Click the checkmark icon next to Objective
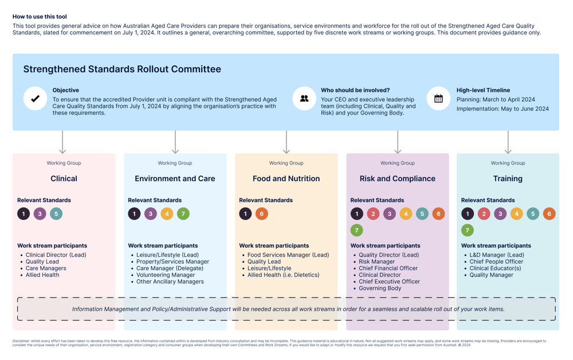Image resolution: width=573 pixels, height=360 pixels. (35, 99)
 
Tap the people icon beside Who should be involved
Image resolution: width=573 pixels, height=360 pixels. (304, 99)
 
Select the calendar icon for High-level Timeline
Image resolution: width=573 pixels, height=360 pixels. (438, 99)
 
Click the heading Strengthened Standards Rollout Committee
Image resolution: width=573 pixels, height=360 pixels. (122, 69)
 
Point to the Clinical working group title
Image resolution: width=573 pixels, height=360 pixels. (64, 179)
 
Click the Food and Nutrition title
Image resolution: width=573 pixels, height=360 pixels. (286, 179)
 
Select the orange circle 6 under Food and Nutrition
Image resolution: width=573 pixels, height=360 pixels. (262, 214)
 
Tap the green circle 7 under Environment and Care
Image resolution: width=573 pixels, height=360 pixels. (183, 214)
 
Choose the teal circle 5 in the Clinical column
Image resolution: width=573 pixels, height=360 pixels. (56, 214)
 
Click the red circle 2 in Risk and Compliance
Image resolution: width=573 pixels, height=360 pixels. (373, 214)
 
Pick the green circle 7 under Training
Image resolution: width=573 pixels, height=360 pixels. (468, 230)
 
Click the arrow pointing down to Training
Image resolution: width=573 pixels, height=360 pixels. (508, 142)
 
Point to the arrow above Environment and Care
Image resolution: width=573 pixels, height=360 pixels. (175, 142)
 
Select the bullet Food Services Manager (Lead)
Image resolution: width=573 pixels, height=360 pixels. (288, 255)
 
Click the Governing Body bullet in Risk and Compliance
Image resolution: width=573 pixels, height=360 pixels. (379, 288)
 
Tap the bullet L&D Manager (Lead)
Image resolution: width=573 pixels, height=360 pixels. (496, 255)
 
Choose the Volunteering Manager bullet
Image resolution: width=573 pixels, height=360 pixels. (166, 275)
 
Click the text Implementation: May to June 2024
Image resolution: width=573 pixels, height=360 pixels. (503, 109)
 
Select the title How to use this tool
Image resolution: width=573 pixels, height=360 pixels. (40, 17)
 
